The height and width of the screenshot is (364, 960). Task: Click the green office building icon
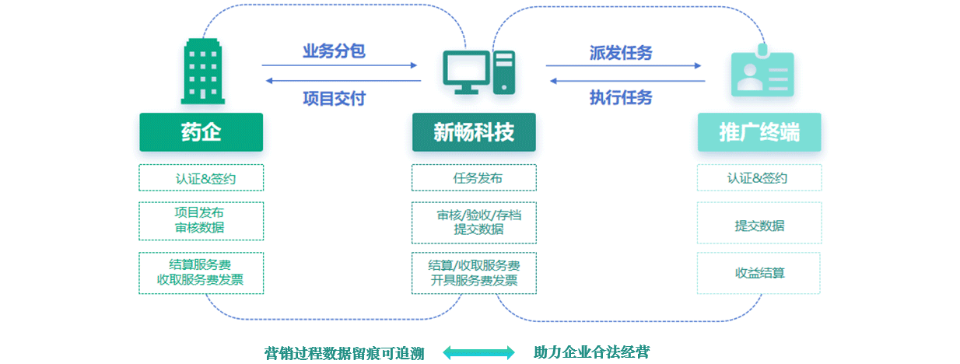click(202, 72)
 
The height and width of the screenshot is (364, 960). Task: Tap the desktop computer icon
click(478, 72)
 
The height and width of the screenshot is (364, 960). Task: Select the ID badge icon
click(762, 74)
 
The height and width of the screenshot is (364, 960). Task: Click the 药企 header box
click(201, 132)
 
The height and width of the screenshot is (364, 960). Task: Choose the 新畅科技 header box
click(474, 132)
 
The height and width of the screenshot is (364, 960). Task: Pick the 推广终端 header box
click(759, 132)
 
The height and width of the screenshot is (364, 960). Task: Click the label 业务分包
click(334, 52)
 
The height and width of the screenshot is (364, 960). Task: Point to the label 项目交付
click(334, 99)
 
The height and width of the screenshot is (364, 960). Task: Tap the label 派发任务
click(621, 53)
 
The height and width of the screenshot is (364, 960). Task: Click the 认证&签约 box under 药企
click(201, 178)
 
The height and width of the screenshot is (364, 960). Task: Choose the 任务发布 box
click(474, 178)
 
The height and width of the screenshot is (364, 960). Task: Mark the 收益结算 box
click(759, 273)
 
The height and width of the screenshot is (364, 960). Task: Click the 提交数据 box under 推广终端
click(759, 226)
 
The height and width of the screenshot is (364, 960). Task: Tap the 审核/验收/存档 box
click(474, 222)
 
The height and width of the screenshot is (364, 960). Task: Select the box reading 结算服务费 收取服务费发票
click(201, 272)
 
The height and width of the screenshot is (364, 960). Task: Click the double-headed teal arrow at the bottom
click(478, 352)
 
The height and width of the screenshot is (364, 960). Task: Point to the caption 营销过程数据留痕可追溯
click(345, 353)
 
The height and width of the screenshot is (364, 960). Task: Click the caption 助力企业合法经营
click(591, 352)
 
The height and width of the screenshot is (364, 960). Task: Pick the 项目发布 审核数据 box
click(201, 220)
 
